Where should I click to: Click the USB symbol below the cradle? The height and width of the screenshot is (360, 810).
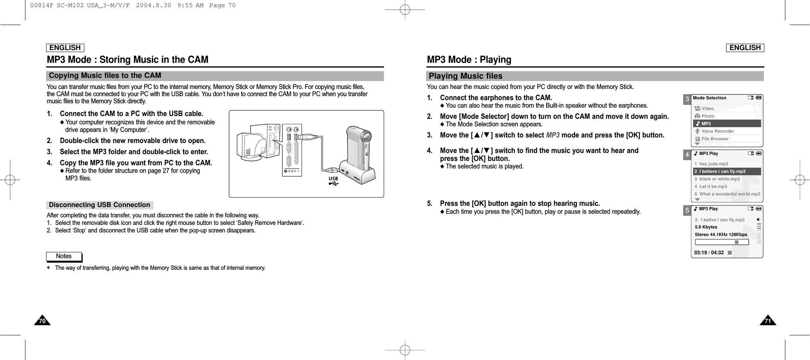click(x=333, y=181)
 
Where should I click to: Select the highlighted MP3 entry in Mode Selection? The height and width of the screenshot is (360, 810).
click(x=727, y=124)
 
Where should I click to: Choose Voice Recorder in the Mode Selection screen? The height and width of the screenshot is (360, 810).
click(x=717, y=131)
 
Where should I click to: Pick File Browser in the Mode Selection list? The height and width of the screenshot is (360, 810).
click(x=715, y=139)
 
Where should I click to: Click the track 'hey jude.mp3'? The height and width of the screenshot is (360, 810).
click(x=713, y=164)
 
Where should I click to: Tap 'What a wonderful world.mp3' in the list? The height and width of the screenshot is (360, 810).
click(x=729, y=194)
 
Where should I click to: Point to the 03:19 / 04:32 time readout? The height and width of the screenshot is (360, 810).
click(x=709, y=253)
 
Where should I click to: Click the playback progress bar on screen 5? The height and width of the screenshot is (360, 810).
click(x=722, y=242)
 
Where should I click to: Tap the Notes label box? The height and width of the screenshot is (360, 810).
click(x=64, y=256)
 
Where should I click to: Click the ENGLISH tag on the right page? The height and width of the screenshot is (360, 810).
click(x=745, y=48)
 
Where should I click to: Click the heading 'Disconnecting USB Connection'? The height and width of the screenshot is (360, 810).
click(x=99, y=205)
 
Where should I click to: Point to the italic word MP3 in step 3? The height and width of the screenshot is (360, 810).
click(x=552, y=135)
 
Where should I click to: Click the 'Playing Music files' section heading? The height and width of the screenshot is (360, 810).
click(x=465, y=76)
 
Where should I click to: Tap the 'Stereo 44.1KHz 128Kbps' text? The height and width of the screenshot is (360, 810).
click(x=721, y=234)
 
